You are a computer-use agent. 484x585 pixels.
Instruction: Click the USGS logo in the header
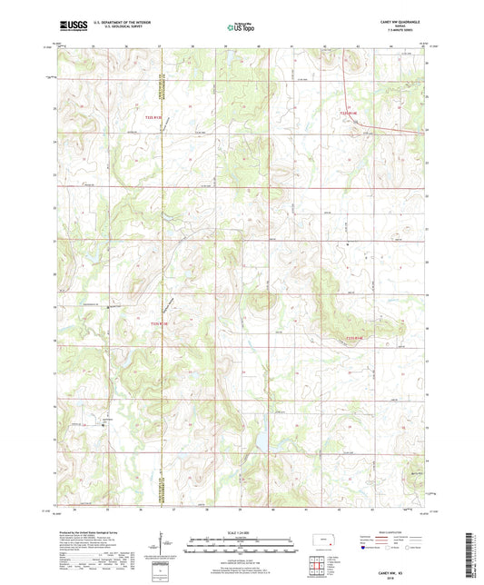68,26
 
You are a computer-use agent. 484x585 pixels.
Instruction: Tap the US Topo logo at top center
239,27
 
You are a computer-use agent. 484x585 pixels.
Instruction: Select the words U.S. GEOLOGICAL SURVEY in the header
113,28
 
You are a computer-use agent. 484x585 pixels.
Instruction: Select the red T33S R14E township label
350,113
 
